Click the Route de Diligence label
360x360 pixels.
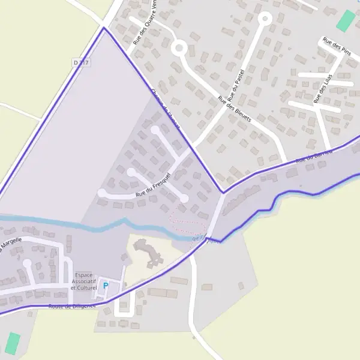click(72, 306)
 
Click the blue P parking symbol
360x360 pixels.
click(106, 286)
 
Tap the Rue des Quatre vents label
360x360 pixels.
click(146, 24)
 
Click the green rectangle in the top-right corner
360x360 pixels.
click(346, 21)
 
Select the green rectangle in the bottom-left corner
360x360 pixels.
click(13, 343)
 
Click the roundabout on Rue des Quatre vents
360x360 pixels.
click(179, 47)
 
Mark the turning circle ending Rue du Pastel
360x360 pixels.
click(265, 19)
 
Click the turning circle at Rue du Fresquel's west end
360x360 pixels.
click(102, 193)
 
